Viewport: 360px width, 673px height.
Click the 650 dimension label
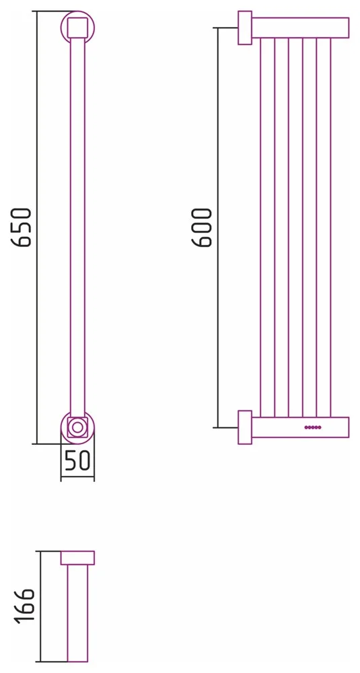tap(22, 227)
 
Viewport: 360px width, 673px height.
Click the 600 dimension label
tap(202, 227)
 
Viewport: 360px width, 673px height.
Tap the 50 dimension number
tap(77, 460)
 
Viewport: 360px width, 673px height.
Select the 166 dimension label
tap(24, 606)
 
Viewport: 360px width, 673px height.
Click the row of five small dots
tap(313, 427)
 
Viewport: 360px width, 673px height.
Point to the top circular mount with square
tap(77, 27)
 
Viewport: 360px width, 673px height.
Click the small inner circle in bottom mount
tap(77, 427)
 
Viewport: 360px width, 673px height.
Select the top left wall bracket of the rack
tap(245, 28)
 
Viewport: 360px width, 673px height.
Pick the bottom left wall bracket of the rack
tap(245, 427)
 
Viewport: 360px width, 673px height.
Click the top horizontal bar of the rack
tap(300, 28)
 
